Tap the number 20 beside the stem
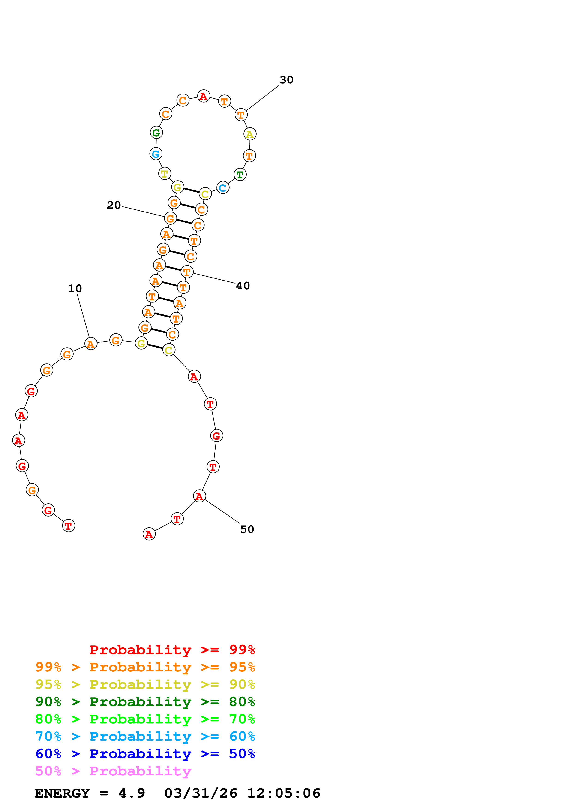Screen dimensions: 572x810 point(114,205)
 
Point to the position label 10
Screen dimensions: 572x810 point(75,289)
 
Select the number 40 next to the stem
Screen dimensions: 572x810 point(243,286)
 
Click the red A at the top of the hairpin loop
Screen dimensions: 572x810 point(203,96)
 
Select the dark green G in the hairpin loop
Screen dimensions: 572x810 point(156,133)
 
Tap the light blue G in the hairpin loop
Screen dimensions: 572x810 point(156,154)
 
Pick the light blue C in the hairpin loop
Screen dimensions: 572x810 point(223,188)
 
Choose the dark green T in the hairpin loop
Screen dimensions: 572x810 point(240,175)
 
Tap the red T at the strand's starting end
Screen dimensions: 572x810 point(68,526)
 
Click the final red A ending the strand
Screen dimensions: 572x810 point(149,534)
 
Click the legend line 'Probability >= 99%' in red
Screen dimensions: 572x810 point(172,650)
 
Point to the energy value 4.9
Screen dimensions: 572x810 point(132,793)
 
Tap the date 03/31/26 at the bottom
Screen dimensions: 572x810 point(201,793)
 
